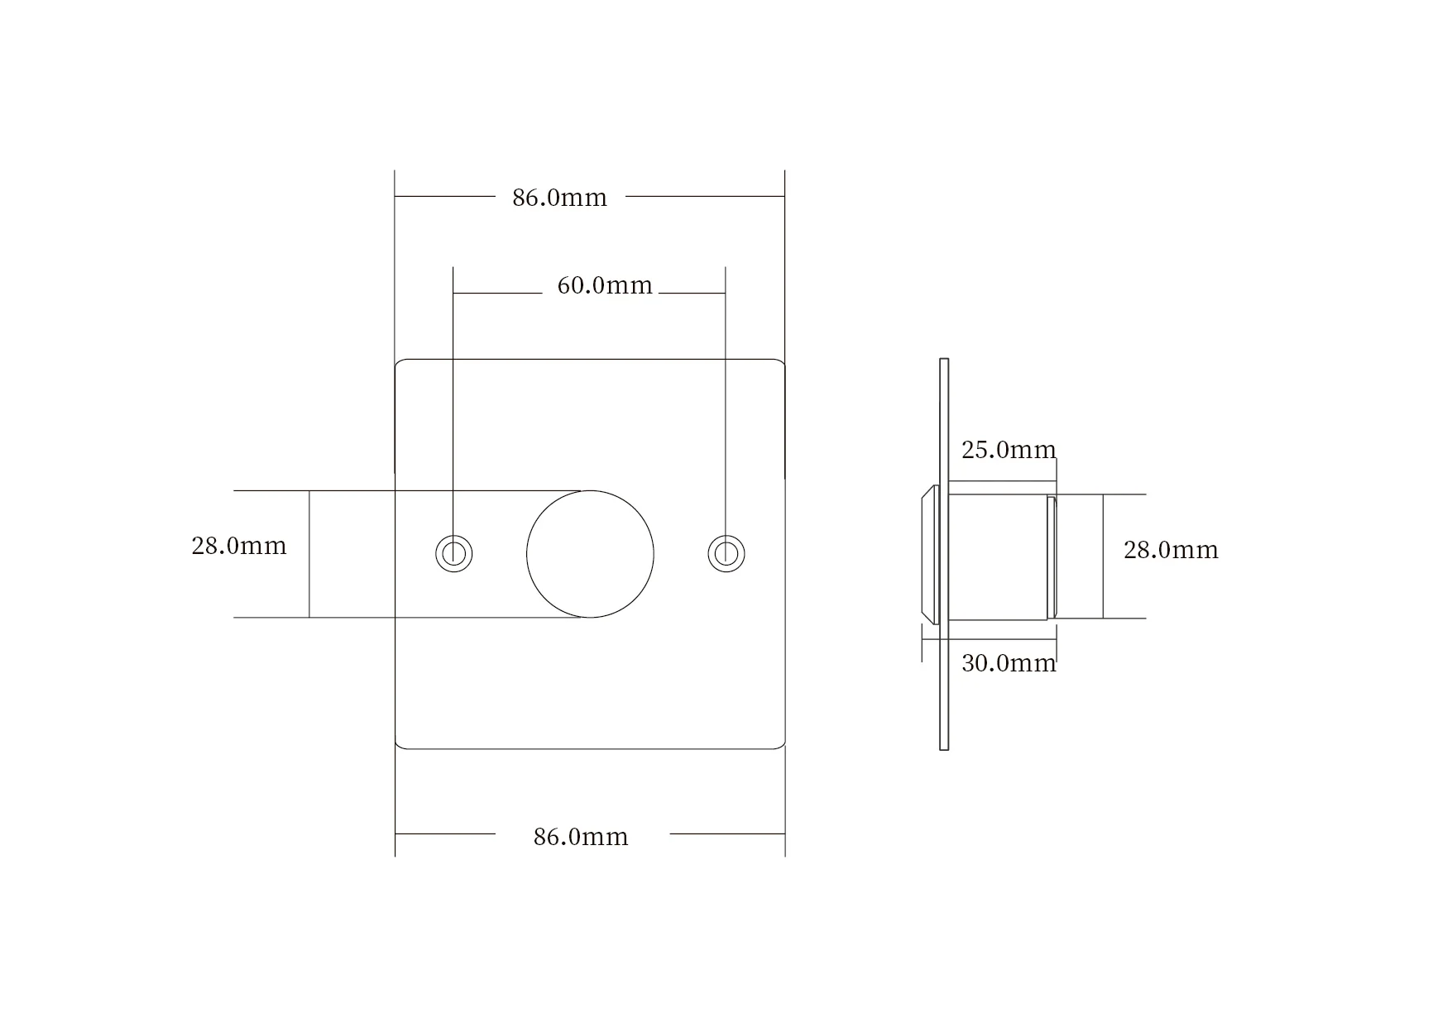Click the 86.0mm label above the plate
[559, 198]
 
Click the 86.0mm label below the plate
[581, 837]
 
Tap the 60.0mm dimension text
[605, 285]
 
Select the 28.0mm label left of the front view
[239, 546]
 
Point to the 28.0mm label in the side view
[1171, 550]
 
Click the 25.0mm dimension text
[1009, 450]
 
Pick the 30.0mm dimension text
[1009, 663]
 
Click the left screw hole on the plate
[454, 553]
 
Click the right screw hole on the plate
[726, 553]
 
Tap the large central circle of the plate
[590, 554]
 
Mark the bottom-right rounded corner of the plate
[780, 744]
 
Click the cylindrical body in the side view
[997, 556]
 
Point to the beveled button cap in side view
[930, 554]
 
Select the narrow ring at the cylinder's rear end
[1052, 556]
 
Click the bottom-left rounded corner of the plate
[400, 744]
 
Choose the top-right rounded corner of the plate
[780, 364]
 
